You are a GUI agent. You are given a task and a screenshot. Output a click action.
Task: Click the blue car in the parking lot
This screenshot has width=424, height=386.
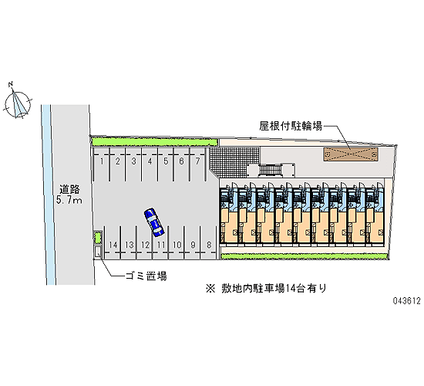pyautogui.click(x=154, y=222)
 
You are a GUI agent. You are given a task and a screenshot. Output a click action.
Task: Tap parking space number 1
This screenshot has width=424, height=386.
pyautogui.click(x=102, y=164)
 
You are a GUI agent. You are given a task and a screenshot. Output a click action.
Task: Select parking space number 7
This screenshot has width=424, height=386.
pyautogui.click(x=197, y=164)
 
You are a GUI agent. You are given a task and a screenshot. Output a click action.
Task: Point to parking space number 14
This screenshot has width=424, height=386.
pyautogui.click(x=113, y=242)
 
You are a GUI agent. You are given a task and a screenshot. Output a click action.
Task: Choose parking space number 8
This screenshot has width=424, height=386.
pyautogui.click(x=208, y=242)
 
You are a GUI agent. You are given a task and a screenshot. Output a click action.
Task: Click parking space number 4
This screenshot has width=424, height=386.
pyautogui.click(x=150, y=164)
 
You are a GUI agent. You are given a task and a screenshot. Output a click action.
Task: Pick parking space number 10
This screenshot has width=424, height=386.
pyautogui.click(x=177, y=242)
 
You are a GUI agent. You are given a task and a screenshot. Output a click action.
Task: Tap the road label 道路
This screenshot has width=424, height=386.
pyautogui.click(x=69, y=189)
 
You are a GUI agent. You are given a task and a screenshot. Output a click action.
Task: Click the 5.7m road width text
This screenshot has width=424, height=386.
pyautogui.click(x=69, y=200)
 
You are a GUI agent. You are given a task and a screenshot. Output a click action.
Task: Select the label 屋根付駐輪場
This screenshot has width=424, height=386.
pyautogui.click(x=291, y=126)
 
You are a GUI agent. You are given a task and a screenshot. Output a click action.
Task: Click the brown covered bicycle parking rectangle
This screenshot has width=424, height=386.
pyautogui.click(x=351, y=154)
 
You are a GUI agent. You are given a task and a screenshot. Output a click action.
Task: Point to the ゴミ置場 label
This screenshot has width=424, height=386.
pyautogui.click(x=146, y=276)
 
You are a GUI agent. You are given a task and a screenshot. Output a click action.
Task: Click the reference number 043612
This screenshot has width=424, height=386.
pyautogui.click(x=407, y=300)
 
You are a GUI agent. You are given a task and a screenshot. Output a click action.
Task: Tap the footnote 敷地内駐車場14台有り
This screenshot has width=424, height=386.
pyautogui.click(x=274, y=288)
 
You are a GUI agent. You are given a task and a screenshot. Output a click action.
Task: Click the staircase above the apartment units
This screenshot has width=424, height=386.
pyautogui.click(x=271, y=171)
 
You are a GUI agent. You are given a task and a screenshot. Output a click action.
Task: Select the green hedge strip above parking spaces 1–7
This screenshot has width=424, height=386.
pyautogui.click(x=155, y=142)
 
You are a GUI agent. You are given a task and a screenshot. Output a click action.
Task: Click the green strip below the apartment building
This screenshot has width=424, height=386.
pyautogui.click(x=304, y=256)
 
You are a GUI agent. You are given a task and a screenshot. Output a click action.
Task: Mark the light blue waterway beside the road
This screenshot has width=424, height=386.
pyautogui.click(x=48, y=195)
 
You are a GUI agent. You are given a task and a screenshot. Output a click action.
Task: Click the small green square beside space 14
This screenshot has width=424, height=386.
pyautogui.click(x=98, y=238)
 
